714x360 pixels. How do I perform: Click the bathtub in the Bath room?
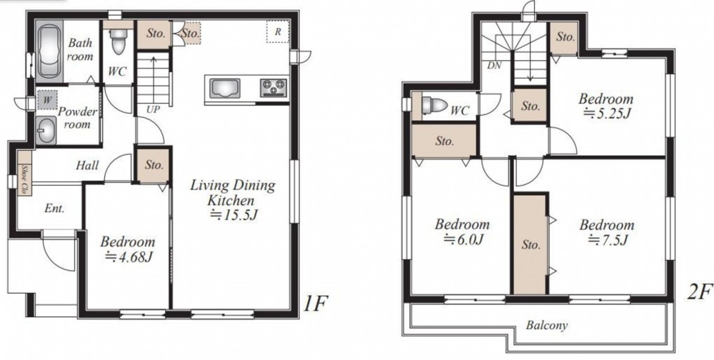[x=49, y=50]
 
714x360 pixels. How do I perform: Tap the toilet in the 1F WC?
[x=119, y=41]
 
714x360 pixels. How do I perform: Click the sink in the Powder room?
[x=46, y=130]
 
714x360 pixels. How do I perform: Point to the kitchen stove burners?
[x=273, y=87]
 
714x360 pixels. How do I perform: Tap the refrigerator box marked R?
[x=277, y=31]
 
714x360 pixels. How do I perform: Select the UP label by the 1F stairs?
[x=153, y=110]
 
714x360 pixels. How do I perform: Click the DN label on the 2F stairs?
[x=494, y=66]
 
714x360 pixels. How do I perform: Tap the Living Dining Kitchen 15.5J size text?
[x=234, y=214]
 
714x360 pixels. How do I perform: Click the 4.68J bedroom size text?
[x=129, y=257]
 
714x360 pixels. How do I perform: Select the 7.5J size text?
[x=608, y=240]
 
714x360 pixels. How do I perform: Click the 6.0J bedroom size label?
[x=463, y=239]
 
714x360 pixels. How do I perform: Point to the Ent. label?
[x=55, y=209]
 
